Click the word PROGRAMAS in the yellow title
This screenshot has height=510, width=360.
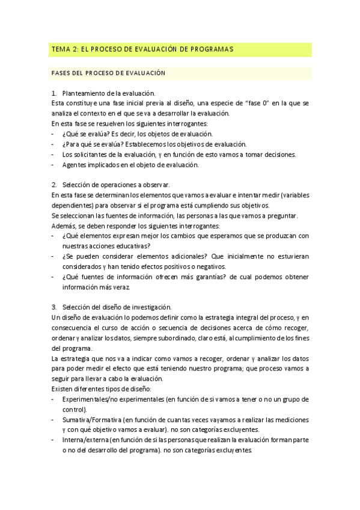coord(209,49)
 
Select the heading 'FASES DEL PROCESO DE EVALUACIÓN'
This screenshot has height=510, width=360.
coord(108,73)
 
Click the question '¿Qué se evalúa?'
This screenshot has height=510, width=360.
coord(85,134)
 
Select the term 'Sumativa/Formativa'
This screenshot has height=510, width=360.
coord(91,419)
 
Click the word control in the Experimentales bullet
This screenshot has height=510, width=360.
coord(72,409)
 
